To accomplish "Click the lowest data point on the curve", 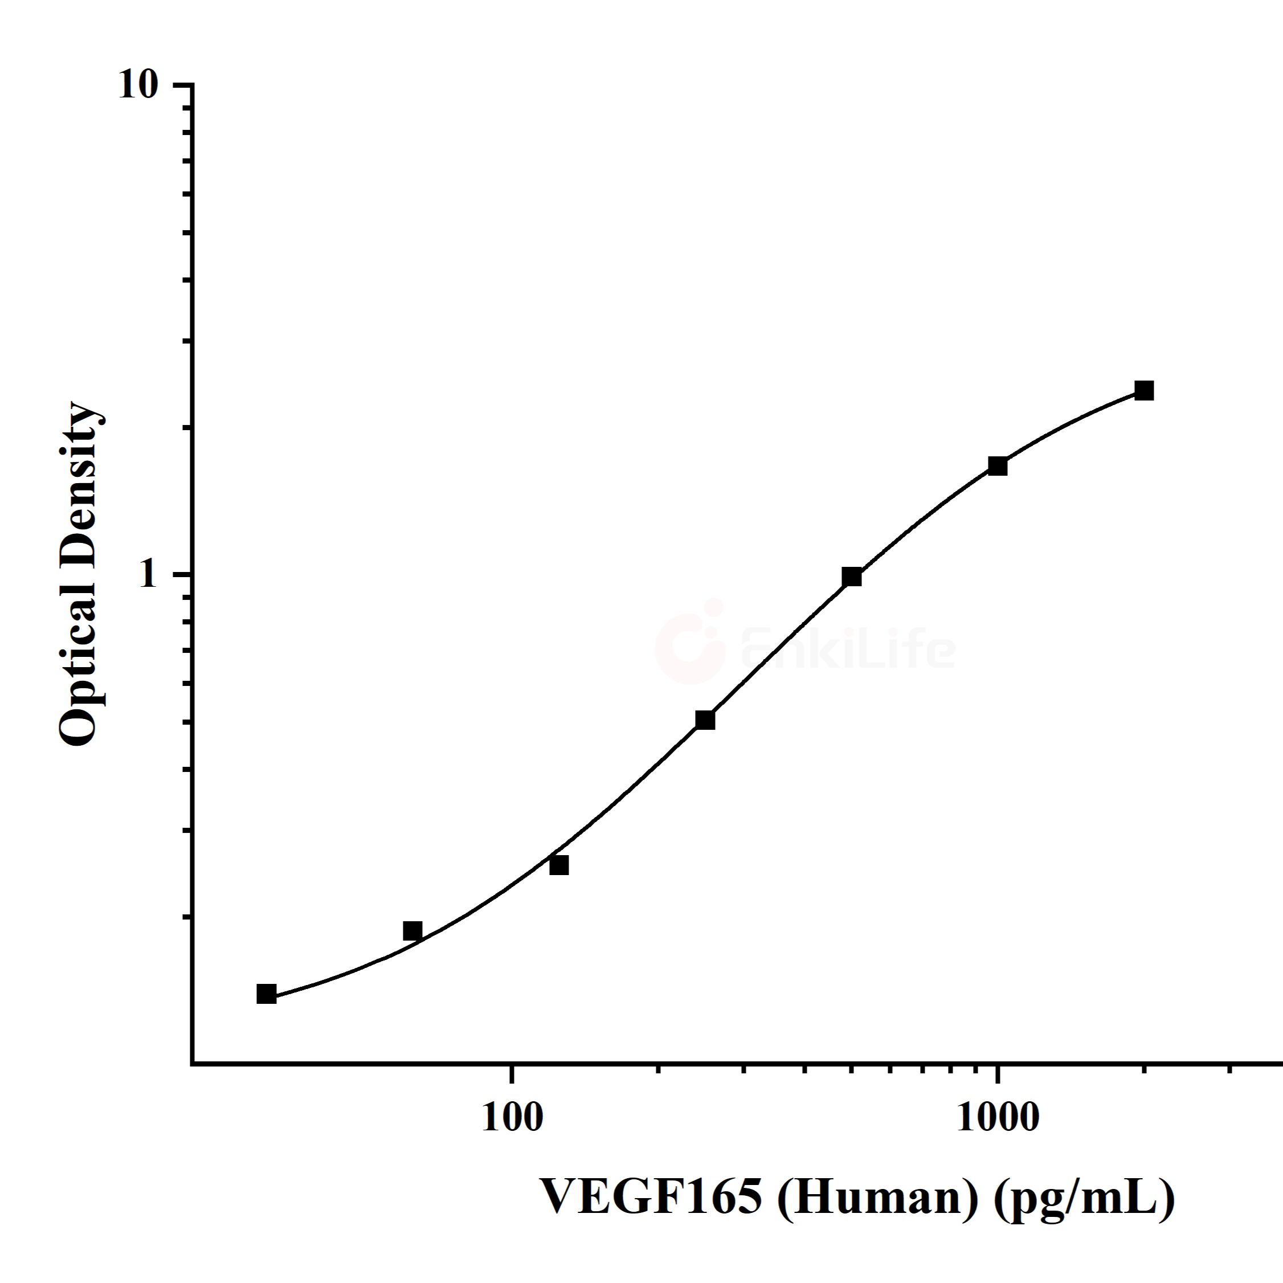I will [x=266, y=994].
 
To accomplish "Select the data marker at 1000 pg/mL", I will [x=998, y=466].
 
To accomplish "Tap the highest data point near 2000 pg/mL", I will [x=1143, y=390].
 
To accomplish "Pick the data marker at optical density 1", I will [x=851, y=577].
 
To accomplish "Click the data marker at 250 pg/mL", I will [x=705, y=720].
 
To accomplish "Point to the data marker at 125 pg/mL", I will [x=559, y=865].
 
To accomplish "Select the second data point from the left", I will [x=412, y=931].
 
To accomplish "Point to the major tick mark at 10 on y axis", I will [x=183, y=84].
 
